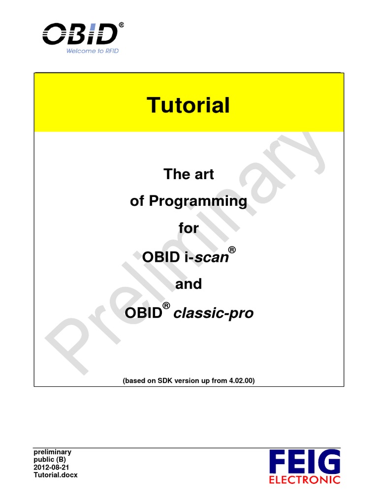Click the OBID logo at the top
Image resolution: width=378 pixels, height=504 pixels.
click(x=80, y=34)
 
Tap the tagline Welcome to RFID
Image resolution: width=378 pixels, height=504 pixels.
click(x=92, y=51)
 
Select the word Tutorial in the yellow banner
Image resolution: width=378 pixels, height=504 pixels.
click(x=189, y=105)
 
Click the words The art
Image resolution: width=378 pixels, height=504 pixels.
click(x=189, y=174)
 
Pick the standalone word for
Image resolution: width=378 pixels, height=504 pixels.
click(x=189, y=228)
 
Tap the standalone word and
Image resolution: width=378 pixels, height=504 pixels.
click(x=189, y=284)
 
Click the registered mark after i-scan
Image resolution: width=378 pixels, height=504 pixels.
click(x=233, y=251)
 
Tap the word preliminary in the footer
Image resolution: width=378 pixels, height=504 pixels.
click(x=52, y=452)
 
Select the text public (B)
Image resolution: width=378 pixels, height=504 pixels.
click(x=49, y=459)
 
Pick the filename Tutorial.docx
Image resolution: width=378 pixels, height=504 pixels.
click(x=55, y=475)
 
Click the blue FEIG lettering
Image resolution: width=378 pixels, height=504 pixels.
click(x=305, y=462)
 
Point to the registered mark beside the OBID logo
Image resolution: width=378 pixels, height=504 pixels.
click(x=121, y=24)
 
